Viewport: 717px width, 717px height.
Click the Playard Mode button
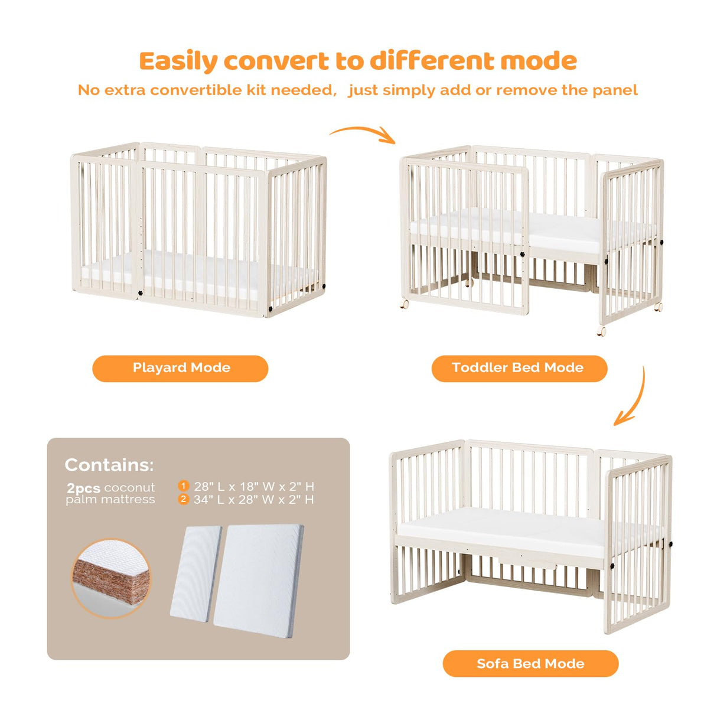click(x=180, y=368)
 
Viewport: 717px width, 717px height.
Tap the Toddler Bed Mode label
click(x=519, y=368)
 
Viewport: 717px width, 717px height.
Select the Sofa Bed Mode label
click(x=530, y=663)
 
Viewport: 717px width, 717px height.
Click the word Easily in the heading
click(x=178, y=61)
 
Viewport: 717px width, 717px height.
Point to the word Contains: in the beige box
click(x=109, y=465)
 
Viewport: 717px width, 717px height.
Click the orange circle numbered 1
click(x=184, y=486)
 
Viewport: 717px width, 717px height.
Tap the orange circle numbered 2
click(x=184, y=499)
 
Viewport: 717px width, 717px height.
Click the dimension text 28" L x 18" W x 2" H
click(x=254, y=487)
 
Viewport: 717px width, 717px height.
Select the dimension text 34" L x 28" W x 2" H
click(x=254, y=500)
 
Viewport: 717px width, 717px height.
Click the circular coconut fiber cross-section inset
click(x=112, y=578)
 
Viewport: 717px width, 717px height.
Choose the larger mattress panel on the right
click(x=258, y=579)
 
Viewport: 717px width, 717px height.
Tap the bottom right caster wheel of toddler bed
click(x=602, y=331)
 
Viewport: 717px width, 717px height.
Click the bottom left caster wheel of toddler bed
click(x=405, y=304)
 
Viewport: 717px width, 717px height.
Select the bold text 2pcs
click(x=83, y=488)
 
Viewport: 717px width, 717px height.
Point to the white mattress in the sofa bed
click(x=502, y=527)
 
